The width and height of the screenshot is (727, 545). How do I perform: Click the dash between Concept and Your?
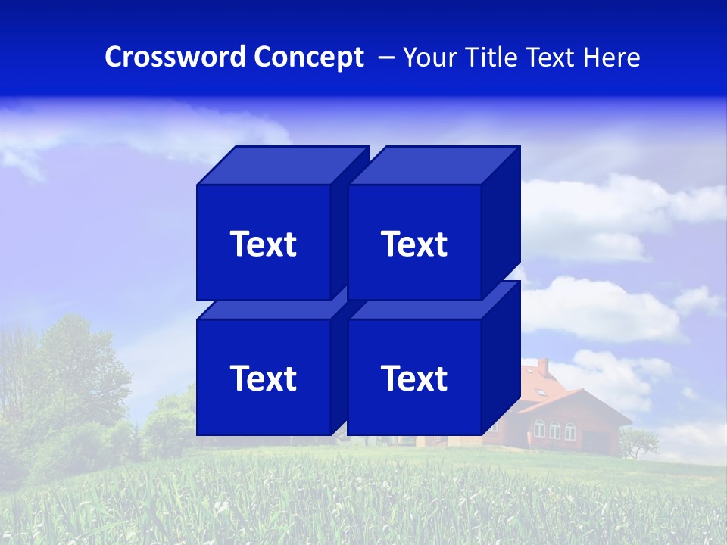(x=385, y=58)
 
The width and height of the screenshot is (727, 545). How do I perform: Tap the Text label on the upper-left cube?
(x=263, y=244)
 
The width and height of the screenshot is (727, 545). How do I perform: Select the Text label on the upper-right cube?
(x=414, y=244)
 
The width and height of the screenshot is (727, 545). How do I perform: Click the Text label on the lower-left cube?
(x=263, y=378)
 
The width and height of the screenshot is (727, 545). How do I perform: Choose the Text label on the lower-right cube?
(x=414, y=378)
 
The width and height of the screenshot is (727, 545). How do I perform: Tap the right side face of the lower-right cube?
(x=501, y=356)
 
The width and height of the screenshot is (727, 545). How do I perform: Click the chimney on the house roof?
(x=542, y=368)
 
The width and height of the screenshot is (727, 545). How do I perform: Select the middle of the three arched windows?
(x=554, y=430)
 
